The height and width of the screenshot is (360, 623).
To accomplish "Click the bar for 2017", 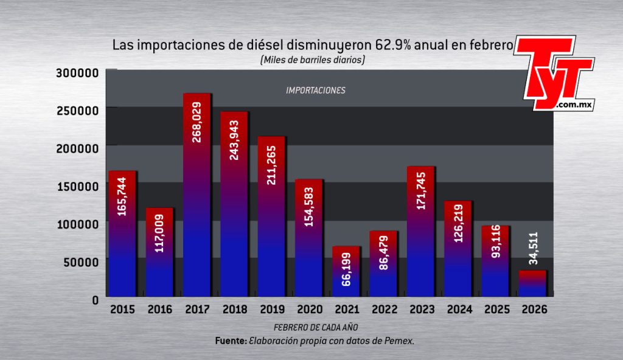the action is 197,195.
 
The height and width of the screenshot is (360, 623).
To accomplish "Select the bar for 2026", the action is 532,284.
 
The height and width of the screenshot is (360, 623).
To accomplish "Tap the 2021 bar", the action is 346,271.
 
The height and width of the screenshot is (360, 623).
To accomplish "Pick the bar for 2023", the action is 421,232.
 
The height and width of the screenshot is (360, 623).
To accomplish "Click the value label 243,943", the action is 234,140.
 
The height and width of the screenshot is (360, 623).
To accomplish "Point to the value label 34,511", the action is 533,248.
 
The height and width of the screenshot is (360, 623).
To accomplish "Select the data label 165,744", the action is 122,196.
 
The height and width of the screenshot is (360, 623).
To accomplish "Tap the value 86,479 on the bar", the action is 383,253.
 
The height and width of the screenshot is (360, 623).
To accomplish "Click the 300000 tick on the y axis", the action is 77,73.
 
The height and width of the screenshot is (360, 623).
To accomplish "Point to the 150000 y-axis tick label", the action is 78,186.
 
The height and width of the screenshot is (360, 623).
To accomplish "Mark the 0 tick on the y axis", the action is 96,300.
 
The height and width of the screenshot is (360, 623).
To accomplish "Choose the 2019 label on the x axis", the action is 272,309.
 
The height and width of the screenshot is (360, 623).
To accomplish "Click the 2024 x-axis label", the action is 460,309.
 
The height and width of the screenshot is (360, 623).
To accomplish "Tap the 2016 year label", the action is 160,309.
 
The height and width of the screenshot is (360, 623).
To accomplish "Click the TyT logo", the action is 555,73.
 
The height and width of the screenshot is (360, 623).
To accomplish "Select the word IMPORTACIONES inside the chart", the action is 316,91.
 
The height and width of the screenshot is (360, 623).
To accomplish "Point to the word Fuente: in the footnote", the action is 231,341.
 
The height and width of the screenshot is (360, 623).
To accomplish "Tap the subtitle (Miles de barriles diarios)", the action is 312,60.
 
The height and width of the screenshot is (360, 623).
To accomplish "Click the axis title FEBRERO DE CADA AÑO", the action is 316,327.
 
